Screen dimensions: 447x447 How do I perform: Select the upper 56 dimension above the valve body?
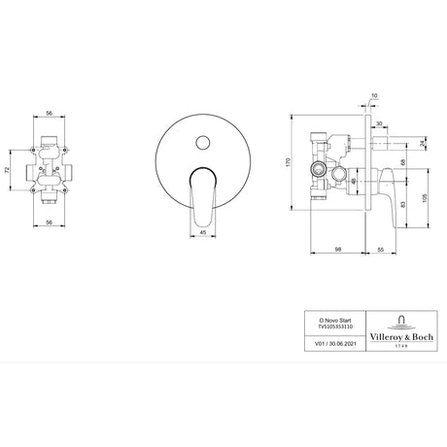click(x=48, y=112)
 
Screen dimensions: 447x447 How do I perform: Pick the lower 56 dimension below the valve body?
click(x=48, y=223)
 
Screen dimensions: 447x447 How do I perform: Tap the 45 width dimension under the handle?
click(x=204, y=233)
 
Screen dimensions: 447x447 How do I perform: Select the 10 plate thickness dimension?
click(x=374, y=95)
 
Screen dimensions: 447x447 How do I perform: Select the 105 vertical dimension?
click(x=425, y=194)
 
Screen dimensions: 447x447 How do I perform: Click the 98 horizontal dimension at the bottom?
click(x=335, y=250)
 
